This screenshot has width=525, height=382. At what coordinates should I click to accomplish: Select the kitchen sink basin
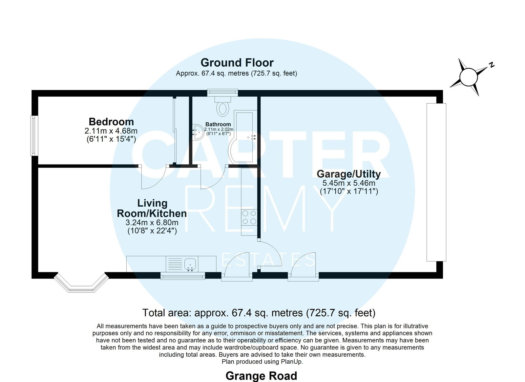[190, 264]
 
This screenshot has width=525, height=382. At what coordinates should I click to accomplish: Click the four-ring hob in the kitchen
[249, 217]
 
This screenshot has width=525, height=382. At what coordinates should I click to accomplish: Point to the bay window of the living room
[81, 282]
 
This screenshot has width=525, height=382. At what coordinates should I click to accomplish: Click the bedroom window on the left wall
[34, 136]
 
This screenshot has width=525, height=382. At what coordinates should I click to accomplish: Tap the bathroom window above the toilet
[223, 92]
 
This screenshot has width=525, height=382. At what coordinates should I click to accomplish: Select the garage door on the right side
[436, 182]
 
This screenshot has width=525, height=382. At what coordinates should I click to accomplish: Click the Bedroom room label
[111, 122]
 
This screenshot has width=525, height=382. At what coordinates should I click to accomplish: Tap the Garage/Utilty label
[348, 174]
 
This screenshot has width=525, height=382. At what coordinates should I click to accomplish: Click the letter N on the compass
[492, 65]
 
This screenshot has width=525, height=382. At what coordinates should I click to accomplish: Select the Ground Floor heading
[237, 63]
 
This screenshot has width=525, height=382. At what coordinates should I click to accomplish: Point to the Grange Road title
[261, 376]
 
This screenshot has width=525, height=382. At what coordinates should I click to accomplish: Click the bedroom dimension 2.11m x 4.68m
[111, 131]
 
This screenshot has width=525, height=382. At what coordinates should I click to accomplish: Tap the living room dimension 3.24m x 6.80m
[152, 222]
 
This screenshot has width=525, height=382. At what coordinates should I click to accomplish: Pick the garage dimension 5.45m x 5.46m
[349, 183]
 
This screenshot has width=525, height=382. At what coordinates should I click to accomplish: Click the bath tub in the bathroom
[243, 137]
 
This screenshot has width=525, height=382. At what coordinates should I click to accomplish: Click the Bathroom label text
[218, 124]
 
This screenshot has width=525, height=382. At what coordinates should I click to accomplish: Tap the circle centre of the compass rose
[469, 77]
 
